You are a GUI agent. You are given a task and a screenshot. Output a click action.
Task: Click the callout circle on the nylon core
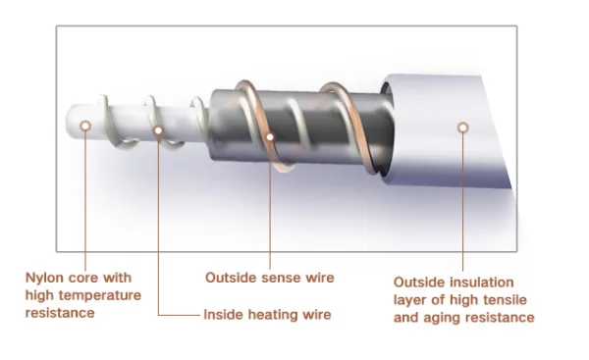(x=85, y=126)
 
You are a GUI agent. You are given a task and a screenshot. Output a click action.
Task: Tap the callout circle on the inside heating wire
(x=158, y=130)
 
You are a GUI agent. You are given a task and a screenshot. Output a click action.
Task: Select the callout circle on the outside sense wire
(x=270, y=137)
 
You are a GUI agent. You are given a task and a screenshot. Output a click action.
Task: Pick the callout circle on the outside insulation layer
(x=463, y=128)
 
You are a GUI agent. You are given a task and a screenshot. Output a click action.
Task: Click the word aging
(x=438, y=319)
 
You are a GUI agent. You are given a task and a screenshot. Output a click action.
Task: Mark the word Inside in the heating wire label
(x=224, y=315)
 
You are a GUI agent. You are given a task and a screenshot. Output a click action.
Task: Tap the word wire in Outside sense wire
(x=319, y=278)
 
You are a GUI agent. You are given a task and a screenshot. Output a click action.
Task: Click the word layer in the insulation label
(x=410, y=301)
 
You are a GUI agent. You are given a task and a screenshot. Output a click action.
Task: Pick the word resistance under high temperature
(x=60, y=313)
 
